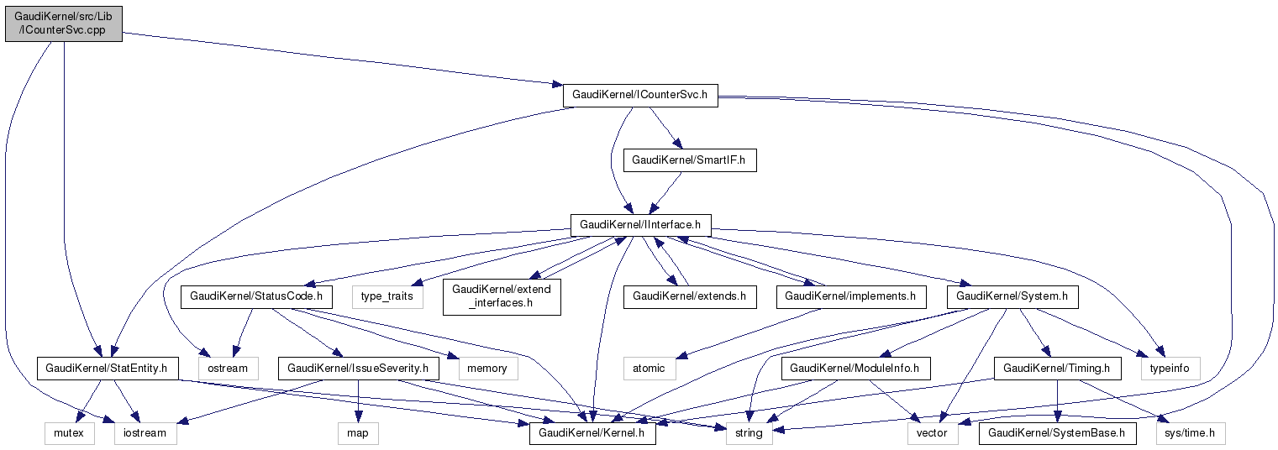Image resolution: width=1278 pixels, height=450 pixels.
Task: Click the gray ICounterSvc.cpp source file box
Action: coord(63,24)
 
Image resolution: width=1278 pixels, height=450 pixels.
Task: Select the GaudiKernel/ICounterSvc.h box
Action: coord(639,95)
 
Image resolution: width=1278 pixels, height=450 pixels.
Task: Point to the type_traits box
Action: coord(388,296)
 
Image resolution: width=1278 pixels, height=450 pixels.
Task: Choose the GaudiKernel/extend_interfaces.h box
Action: coord(502,296)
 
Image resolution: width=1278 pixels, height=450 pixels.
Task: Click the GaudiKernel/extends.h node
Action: coord(690,296)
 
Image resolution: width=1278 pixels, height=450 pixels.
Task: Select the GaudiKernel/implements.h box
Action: coord(851,296)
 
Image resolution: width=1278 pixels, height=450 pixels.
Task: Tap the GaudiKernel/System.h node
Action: coord(1012,296)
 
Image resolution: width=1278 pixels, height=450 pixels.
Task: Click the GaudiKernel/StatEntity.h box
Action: coord(107,368)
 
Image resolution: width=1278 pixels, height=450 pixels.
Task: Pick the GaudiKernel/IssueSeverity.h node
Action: coord(359,368)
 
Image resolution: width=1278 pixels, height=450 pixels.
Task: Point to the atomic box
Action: coord(649,368)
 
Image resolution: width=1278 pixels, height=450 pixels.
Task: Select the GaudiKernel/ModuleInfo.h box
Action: coord(855,368)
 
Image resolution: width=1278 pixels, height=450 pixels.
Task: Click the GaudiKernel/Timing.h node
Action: coord(1057,368)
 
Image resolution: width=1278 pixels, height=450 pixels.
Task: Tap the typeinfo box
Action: coord(1170,368)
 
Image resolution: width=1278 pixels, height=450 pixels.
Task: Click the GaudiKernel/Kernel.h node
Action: coord(592,433)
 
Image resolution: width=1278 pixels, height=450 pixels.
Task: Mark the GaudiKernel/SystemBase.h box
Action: coord(1057,433)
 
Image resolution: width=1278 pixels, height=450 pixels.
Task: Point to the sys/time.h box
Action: coord(1191,433)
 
